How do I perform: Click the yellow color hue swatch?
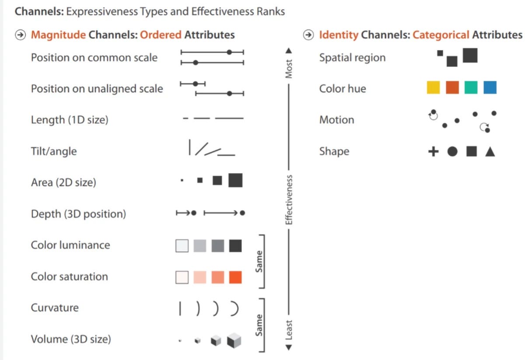click(x=433, y=88)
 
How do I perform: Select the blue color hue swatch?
click(x=490, y=88)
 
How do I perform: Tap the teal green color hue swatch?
click(x=471, y=88)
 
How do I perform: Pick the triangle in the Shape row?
click(x=490, y=152)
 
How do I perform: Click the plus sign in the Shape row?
click(x=433, y=152)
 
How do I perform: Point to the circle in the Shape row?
click(x=452, y=152)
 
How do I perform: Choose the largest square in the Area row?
click(x=235, y=180)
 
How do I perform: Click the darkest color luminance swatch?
click(x=235, y=246)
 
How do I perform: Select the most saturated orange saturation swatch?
click(x=235, y=277)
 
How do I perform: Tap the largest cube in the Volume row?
click(x=234, y=340)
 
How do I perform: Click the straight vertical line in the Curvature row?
click(x=180, y=309)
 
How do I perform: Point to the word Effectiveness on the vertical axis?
click(x=289, y=200)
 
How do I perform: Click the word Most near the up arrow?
click(x=289, y=69)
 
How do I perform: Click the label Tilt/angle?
click(x=54, y=151)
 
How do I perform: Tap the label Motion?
click(x=336, y=120)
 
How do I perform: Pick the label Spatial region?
click(x=352, y=58)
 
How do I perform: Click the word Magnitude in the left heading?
click(x=58, y=35)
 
